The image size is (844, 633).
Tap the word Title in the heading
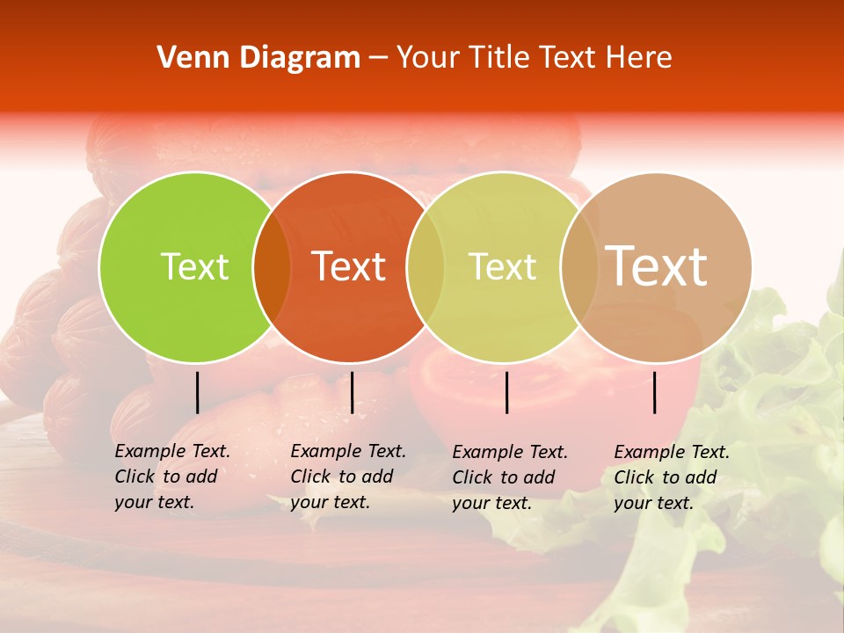tap(499, 58)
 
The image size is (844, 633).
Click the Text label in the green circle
tap(194, 266)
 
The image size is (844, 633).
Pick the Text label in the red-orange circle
tap(349, 266)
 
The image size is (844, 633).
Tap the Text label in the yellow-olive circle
tap(502, 266)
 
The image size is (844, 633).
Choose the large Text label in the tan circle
tap(657, 266)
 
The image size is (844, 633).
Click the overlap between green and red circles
tap(272, 267)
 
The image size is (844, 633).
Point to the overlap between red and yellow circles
tap(425, 267)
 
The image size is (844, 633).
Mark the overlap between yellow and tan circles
tap(578, 267)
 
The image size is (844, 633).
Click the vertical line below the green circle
tap(198, 392)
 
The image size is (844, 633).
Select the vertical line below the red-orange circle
tap(352, 392)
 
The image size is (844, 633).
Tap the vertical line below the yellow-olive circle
tap(507, 392)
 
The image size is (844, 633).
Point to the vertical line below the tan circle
tap(655, 392)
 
